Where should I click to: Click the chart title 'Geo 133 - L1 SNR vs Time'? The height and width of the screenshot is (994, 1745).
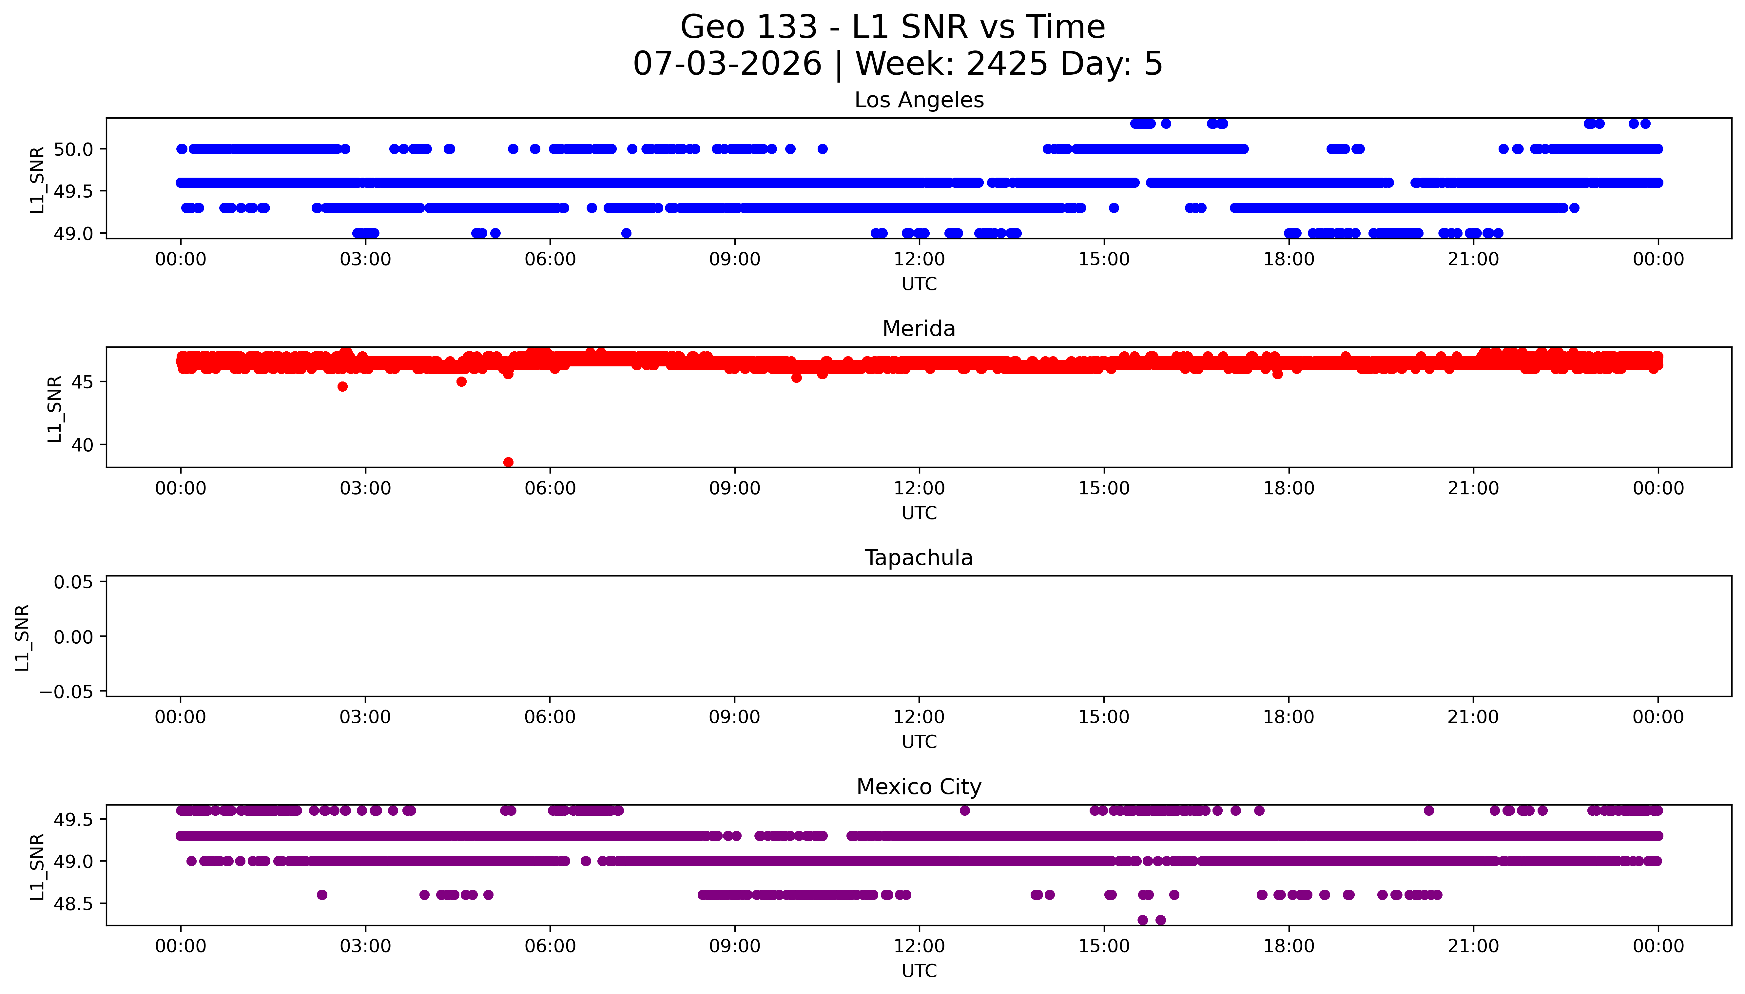pos(893,27)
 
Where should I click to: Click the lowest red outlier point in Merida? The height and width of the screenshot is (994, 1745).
pos(508,462)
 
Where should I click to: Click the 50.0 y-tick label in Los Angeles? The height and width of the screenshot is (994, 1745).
pos(73,149)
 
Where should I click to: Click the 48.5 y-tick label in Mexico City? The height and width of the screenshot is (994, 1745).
pos(73,903)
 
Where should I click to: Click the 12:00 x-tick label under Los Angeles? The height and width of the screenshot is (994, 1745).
pos(919,260)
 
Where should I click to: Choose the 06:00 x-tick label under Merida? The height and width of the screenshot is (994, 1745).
pos(550,488)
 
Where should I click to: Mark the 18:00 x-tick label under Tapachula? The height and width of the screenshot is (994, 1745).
pos(1289,717)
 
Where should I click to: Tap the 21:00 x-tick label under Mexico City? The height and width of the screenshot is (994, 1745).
pos(1473,946)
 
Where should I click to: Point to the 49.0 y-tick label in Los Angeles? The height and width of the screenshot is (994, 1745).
pos(73,233)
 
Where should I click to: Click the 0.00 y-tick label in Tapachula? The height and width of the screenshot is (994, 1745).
pos(73,637)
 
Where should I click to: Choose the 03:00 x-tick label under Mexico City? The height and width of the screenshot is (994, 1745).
pos(365,946)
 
